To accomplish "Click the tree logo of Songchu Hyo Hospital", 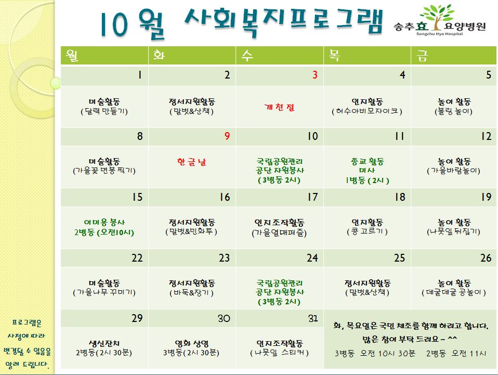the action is pyautogui.click(x=437, y=17).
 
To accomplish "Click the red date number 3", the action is pyautogui.click(x=314, y=75).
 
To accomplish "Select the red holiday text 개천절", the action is pyautogui.click(x=280, y=107).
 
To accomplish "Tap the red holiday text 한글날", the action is pyautogui.click(x=192, y=162).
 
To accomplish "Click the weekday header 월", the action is pyautogui.click(x=72, y=55).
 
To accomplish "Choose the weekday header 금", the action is pyautogui.click(x=422, y=56).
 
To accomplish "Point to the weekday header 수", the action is pyautogui.click(x=247, y=56).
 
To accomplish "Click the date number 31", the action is pyautogui.click(x=313, y=318).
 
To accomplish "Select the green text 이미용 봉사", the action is pyautogui.click(x=104, y=222).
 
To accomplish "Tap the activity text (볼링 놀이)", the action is pyautogui.click(x=453, y=111).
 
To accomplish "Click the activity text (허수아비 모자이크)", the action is pyautogui.click(x=367, y=111).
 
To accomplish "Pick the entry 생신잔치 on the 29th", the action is pyautogui.click(x=104, y=344).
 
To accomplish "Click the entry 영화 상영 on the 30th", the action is pyautogui.click(x=191, y=344).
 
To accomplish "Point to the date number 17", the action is pyautogui.click(x=312, y=197).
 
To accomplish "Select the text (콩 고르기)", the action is pyautogui.click(x=367, y=231).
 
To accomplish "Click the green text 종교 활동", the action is pyautogui.click(x=368, y=161).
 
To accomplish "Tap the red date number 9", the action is pyautogui.click(x=227, y=136).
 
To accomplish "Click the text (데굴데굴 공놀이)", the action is pyautogui.click(x=453, y=292).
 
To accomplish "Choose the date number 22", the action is pyautogui.click(x=137, y=258).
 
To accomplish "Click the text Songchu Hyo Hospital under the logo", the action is pyautogui.click(x=440, y=34).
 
